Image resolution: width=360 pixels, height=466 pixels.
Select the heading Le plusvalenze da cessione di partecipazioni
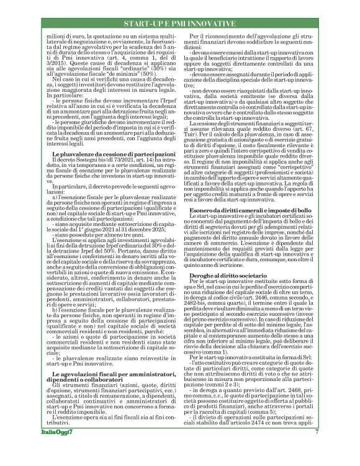108,153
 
